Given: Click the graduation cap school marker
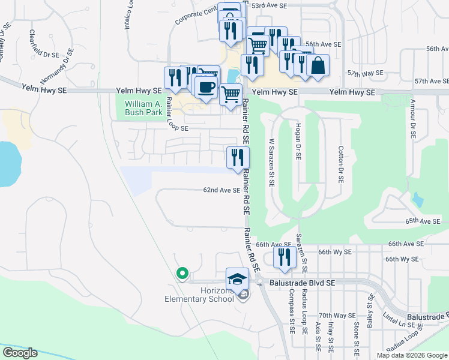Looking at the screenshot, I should click(237, 278).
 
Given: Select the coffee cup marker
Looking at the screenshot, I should click(206, 87).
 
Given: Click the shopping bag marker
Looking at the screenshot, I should click(318, 65).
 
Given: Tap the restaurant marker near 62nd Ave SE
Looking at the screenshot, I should click(238, 157).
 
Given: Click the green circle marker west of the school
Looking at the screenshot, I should click(182, 274).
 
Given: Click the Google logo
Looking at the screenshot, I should click(19, 353).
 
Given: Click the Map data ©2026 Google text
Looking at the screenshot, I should click(412, 355).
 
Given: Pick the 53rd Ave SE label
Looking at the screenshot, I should click(270, 5).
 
